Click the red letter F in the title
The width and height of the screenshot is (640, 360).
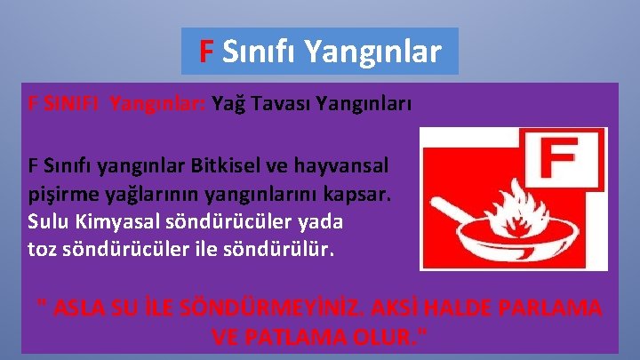(205, 52)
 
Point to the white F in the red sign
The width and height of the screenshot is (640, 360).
(559, 163)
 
